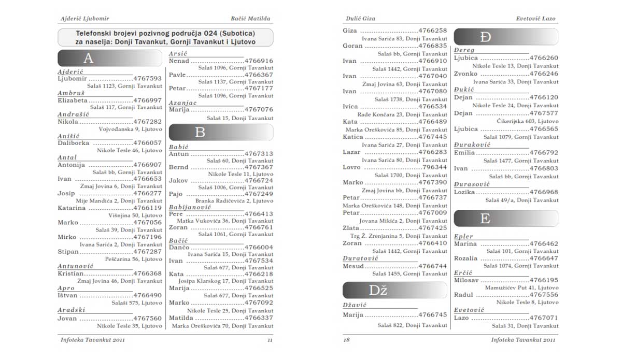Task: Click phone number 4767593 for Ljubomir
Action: (x=148, y=79)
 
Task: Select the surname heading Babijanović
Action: (x=190, y=207)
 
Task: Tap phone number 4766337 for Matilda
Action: (x=259, y=318)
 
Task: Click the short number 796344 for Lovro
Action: (x=434, y=167)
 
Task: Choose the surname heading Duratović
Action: (x=361, y=258)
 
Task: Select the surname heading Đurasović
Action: (x=472, y=184)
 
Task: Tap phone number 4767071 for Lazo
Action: (x=544, y=318)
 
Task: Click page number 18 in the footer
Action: (x=347, y=340)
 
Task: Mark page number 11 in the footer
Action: (x=270, y=340)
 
